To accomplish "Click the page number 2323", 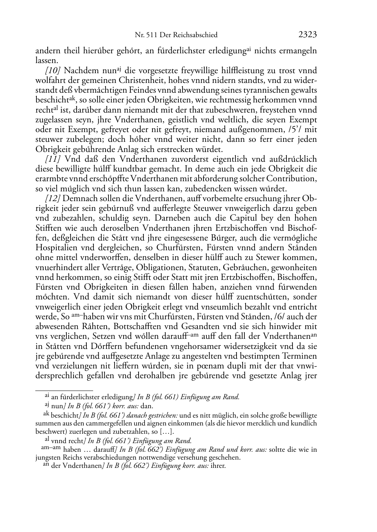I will point(308,35).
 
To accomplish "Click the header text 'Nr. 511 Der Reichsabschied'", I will point(176,35).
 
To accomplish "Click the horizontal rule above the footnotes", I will point(64,390).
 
